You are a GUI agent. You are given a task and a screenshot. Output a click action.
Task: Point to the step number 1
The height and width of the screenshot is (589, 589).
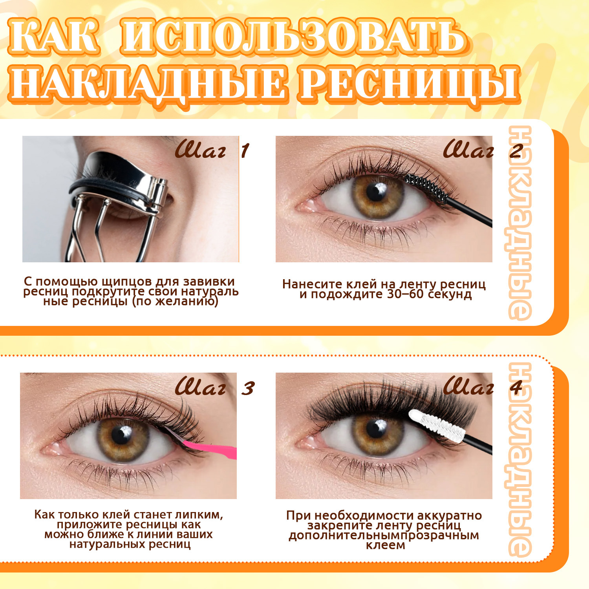pos(245,151)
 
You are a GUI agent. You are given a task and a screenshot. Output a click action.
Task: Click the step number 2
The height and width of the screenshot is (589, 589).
pos(516,151)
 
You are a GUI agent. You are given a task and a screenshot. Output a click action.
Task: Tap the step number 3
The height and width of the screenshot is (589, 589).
pos(248,388)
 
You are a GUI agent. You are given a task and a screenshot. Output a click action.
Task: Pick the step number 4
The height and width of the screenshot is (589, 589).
pos(516,388)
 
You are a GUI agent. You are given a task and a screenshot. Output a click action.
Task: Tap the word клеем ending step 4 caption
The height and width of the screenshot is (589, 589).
pos(386,545)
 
